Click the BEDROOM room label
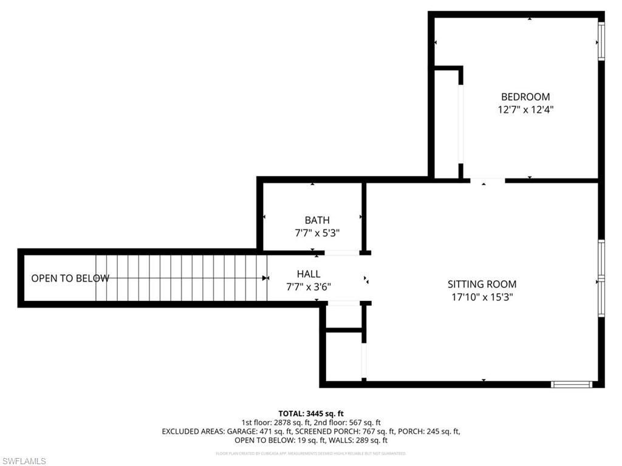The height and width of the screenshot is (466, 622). coord(525,96)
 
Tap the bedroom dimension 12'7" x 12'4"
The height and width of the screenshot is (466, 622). coord(525,110)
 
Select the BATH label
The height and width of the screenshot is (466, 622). coord(317,220)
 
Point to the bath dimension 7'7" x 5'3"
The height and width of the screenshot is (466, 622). coord(317,232)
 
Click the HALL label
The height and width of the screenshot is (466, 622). coord(309,274)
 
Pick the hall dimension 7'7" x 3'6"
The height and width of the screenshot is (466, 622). coord(309,287)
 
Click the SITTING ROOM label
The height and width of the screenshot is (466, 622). coord(482,284)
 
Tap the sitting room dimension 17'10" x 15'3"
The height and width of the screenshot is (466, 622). coord(482,297)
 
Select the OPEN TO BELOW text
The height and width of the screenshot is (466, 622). coord(70,279)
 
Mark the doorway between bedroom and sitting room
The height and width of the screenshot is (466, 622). coord(487,180)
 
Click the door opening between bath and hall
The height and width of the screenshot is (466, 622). coord(342,252)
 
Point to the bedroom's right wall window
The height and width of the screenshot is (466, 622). coord(601,41)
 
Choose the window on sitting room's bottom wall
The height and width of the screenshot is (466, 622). coord(571,384)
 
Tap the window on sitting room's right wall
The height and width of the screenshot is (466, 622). coord(601,279)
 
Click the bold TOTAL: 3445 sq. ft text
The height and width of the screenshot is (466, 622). coord(311,413)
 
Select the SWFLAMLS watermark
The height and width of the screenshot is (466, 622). coord(24,461)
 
